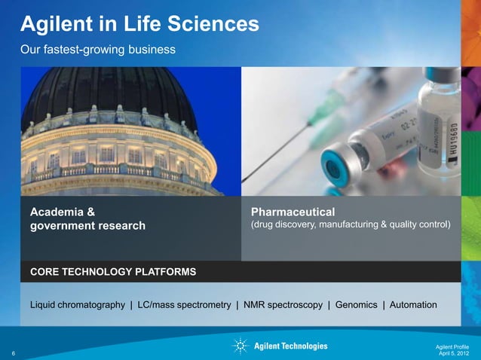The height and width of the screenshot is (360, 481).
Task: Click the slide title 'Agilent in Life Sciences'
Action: (x=139, y=25)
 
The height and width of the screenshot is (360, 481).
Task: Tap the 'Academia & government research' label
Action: (x=87, y=218)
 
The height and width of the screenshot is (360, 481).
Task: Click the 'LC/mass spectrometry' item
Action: (x=183, y=305)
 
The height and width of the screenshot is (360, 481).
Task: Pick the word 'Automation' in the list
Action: (x=412, y=305)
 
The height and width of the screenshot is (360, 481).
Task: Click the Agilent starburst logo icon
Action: (x=240, y=346)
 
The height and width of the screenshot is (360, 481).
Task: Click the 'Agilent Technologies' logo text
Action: (x=291, y=346)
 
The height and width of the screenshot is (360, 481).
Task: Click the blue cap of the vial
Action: (x=335, y=166)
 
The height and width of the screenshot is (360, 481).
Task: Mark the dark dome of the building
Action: (x=111, y=90)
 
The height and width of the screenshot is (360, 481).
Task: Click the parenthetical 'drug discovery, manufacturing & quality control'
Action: (x=349, y=224)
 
